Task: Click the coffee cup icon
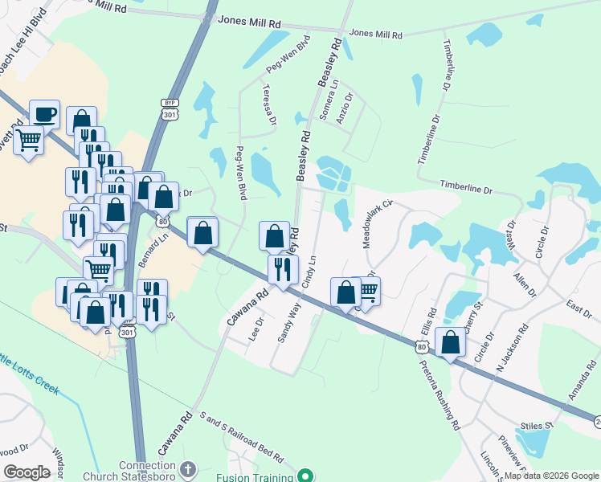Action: click(44, 114)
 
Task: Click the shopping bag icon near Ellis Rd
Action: click(450, 342)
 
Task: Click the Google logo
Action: click(26, 472)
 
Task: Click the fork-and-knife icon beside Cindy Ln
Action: click(282, 268)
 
